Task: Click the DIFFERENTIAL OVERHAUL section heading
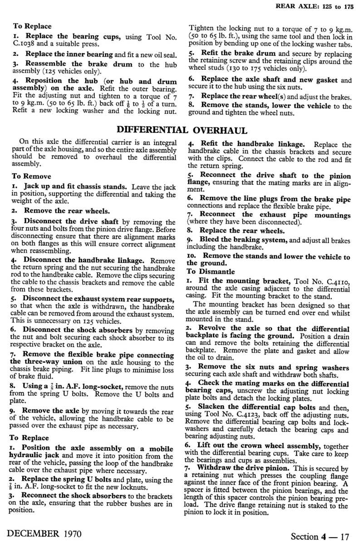point(181,131)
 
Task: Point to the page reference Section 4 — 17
point(320,536)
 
